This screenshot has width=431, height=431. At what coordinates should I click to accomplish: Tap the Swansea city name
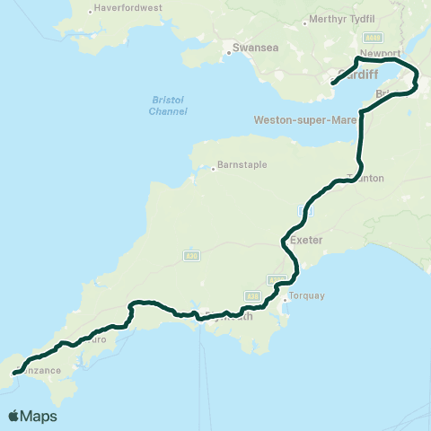(251, 49)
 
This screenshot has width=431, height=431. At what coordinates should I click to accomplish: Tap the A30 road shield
(190, 256)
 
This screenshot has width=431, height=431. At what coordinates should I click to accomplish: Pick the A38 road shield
(253, 295)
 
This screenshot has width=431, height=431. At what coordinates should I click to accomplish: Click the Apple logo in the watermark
(14, 416)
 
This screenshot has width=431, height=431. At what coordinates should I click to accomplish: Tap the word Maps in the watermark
(40, 416)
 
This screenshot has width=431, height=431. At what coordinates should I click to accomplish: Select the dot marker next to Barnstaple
(215, 167)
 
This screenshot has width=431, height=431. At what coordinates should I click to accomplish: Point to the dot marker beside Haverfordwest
(93, 12)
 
